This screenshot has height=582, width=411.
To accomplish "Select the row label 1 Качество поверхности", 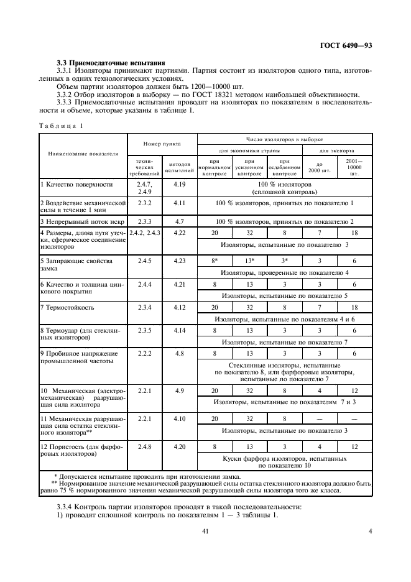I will click(x=76, y=185).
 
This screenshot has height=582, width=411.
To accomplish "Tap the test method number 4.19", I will click(x=180, y=185).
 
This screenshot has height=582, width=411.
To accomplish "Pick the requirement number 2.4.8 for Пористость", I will click(x=144, y=446).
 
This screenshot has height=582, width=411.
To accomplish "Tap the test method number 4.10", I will click(x=180, y=419).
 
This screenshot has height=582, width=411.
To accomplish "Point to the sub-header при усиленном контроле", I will click(x=249, y=168).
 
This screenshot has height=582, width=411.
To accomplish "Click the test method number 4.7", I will click(x=180, y=221).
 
